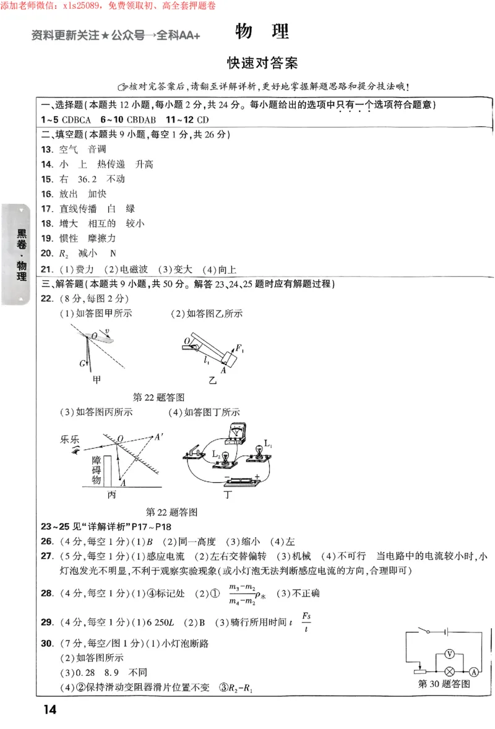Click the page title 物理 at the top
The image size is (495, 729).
point(262,32)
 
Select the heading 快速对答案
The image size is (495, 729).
point(262,64)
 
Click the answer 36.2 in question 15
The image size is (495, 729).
point(87,179)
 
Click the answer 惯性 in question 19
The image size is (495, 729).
point(69,238)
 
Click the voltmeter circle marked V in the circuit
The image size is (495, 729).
point(450,654)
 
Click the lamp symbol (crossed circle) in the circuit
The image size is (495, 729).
point(450,671)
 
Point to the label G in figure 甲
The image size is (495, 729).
point(82,363)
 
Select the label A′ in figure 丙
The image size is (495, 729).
point(160,436)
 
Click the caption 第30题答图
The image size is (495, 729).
point(444,684)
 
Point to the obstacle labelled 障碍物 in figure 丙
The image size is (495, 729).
point(96,470)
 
